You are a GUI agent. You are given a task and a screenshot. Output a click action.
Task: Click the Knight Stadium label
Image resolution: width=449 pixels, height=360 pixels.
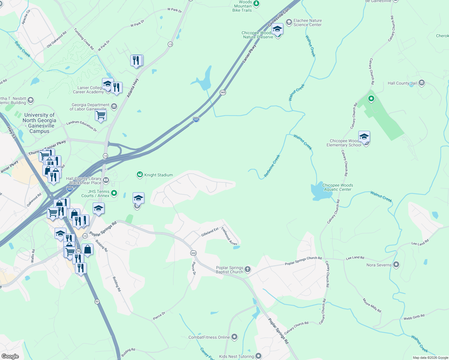click(158, 175)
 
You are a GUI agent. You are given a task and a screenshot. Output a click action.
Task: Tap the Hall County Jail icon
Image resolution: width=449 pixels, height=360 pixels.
click(421, 83)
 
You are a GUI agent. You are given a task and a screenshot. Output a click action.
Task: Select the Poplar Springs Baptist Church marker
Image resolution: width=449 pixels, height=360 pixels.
click(247, 269)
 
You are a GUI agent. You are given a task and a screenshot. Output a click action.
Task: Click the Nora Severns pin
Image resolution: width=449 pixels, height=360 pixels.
click(396, 265)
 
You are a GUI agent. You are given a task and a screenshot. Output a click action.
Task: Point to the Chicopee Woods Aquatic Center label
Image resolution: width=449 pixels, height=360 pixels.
click(337, 187)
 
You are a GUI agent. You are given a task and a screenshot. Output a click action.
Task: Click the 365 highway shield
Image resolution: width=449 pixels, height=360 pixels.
click(223, 92)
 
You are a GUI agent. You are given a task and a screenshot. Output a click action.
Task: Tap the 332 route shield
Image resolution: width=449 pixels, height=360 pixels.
click(193, 253)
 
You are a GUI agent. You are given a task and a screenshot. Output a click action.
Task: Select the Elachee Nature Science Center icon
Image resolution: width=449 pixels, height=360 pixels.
click(289, 22)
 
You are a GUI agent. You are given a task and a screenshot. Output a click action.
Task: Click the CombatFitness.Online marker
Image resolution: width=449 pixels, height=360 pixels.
click(234, 337)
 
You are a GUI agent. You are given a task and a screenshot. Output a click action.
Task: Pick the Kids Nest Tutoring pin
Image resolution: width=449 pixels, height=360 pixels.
click(258, 356)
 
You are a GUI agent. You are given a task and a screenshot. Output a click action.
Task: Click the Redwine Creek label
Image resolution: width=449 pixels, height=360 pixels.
click(272, 166)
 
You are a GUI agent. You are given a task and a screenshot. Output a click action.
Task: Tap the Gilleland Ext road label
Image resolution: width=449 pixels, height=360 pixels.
click(210, 232)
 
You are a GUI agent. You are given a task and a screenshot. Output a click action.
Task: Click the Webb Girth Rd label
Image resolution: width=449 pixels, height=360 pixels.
click(414, 317)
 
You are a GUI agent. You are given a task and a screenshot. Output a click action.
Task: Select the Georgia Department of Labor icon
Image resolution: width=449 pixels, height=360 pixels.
click(114, 106)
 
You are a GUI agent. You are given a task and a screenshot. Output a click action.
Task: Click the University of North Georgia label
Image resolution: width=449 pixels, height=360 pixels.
click(39, 123)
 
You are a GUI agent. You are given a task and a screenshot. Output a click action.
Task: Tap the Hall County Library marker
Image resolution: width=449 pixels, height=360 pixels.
click(106, 180)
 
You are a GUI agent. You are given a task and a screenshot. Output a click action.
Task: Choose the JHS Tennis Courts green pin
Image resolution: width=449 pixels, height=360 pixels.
click(114, 193)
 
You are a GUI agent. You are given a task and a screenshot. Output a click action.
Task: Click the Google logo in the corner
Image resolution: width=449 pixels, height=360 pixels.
click(10, 356)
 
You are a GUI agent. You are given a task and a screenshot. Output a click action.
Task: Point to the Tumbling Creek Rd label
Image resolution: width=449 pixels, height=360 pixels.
click(84, 39)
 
